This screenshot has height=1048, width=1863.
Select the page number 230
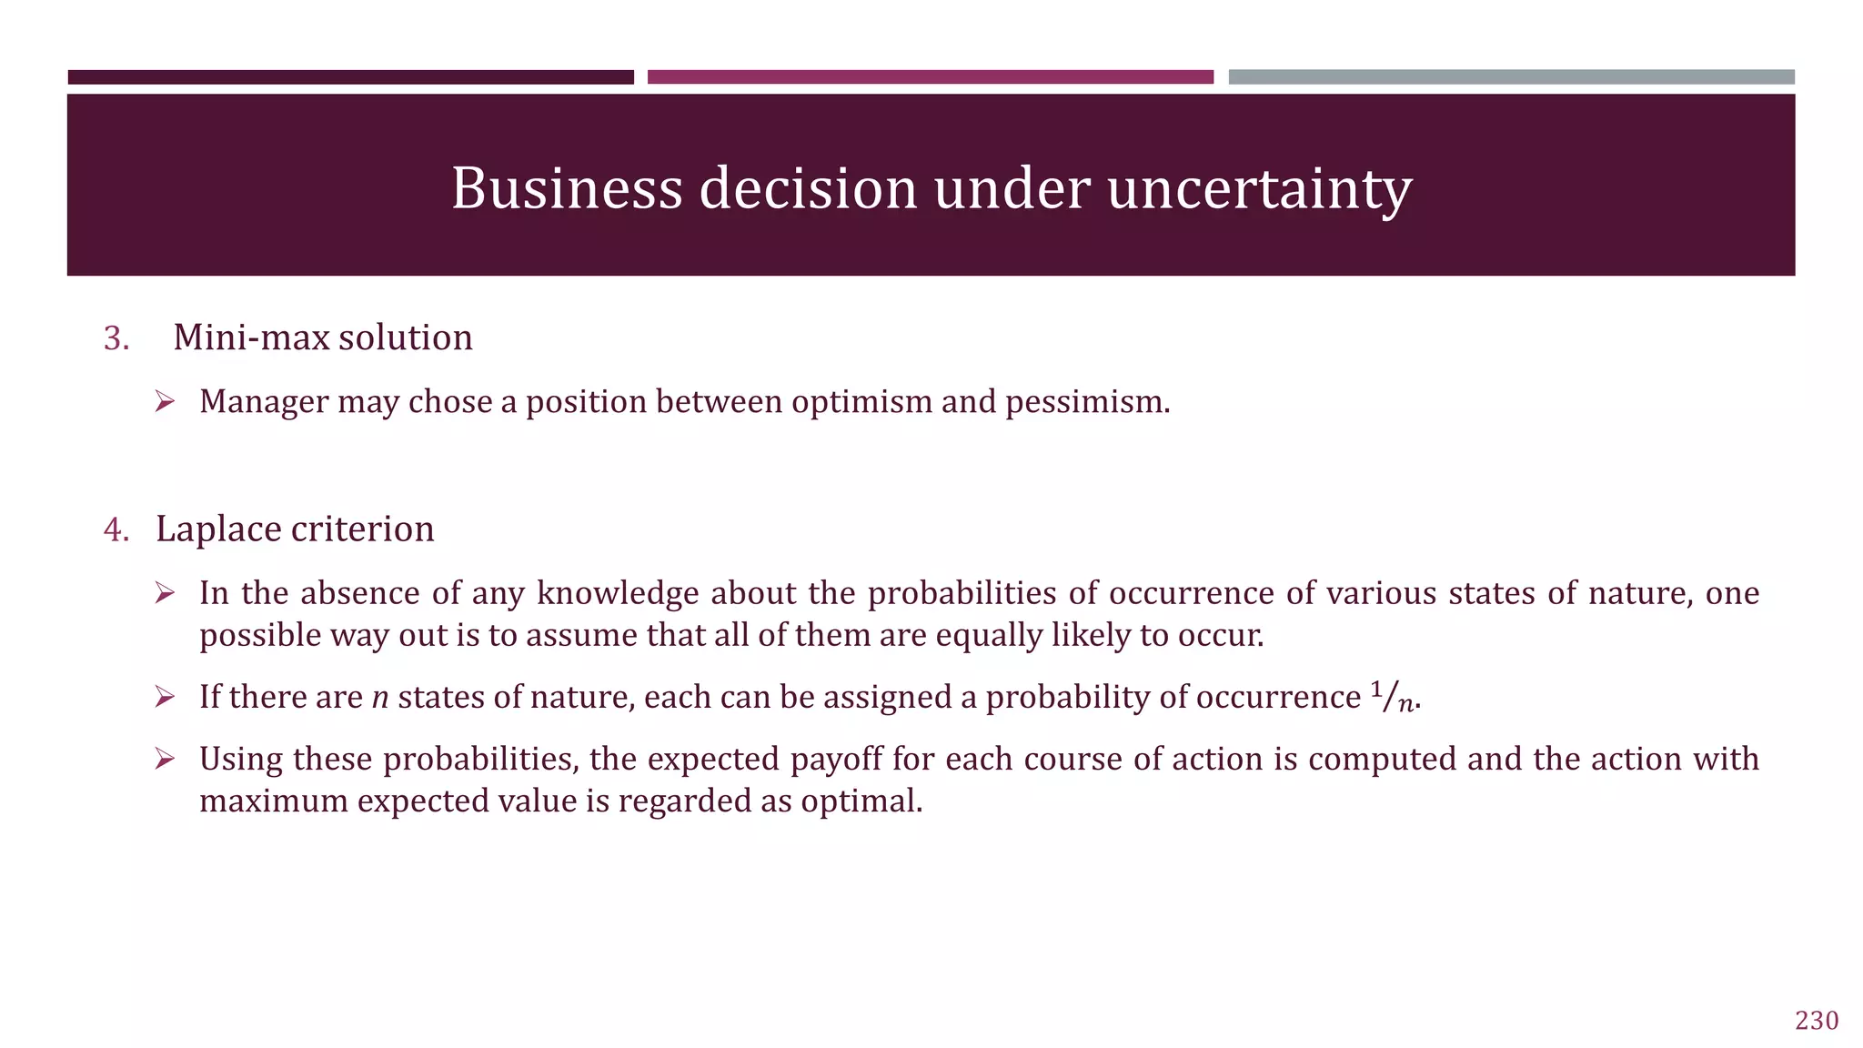pyautogui.click(x=1816, y=1021)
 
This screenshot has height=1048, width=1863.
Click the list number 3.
pyautogui.click(x=116, y=338)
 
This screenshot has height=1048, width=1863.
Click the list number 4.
pyautogui.click(x=116, y=529)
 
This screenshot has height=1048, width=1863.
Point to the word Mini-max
pyautogui.click(x=251, y=338)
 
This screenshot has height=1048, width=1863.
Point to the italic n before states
pyautogui.click(x=380, y=698)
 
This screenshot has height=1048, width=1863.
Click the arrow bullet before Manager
pyautogui.click(x=164, y=401)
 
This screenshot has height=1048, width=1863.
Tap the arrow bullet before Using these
pyautogui.click(x=164, y=759)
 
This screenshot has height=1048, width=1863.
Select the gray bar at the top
pyautogui.click(x=1511, y=77)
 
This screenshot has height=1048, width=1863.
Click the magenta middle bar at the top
pyautogui.click(x=930, y=77)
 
